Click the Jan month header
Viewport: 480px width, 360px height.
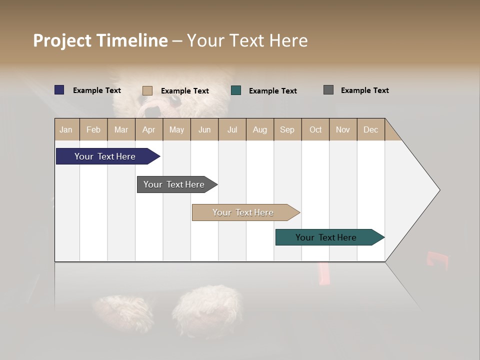66,129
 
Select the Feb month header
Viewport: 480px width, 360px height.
93,129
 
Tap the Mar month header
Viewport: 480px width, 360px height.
121,129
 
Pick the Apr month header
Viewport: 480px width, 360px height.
149,129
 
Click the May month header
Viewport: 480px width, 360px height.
176,129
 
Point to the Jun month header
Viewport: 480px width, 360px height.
204,129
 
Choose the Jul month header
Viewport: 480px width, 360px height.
232,129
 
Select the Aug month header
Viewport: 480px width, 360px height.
259,129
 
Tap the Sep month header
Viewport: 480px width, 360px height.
287,129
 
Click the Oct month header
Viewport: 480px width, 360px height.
315,129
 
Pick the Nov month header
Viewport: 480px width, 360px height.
343,129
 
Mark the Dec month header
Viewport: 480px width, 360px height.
370,129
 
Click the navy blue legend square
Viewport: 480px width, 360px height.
59,90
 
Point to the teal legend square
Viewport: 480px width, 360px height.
236,90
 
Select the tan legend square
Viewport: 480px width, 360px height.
147,90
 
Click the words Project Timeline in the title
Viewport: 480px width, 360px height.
100,40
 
